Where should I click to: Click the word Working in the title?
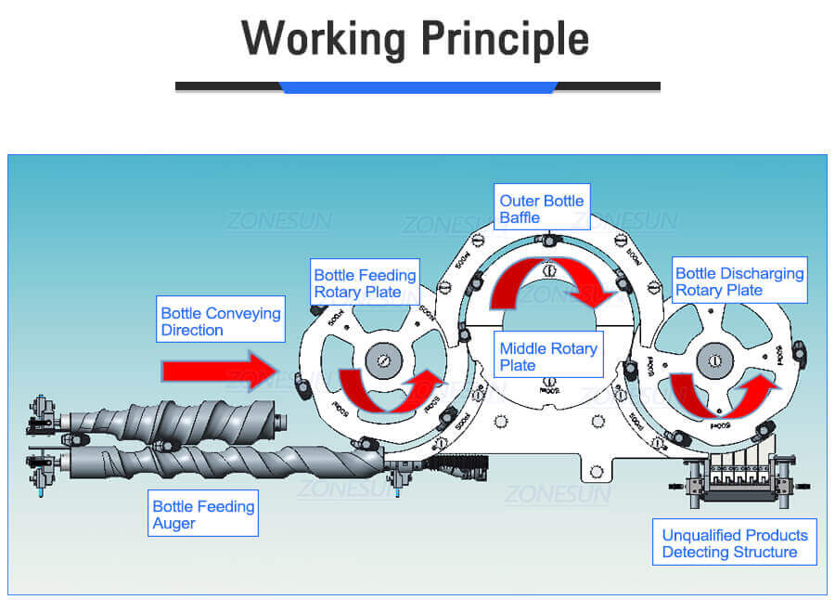click(x=325, y=38)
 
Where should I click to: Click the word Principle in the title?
click(x=505, y=38)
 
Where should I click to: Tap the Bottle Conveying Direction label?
click(x=221, y=321)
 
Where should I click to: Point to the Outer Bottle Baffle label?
click(x=542, y=209)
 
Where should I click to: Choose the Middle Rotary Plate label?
click(x=548, y=357)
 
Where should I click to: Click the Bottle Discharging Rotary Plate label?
click(x=739, y=281)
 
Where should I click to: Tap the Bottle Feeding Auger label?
click(x=203, y=515)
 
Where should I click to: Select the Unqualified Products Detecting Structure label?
click(x=735, y=543)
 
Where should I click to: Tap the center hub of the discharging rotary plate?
click(x=717, y=357)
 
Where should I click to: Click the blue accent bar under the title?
click(x=417, y=86)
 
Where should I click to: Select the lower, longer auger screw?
click(x=223, y=462)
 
